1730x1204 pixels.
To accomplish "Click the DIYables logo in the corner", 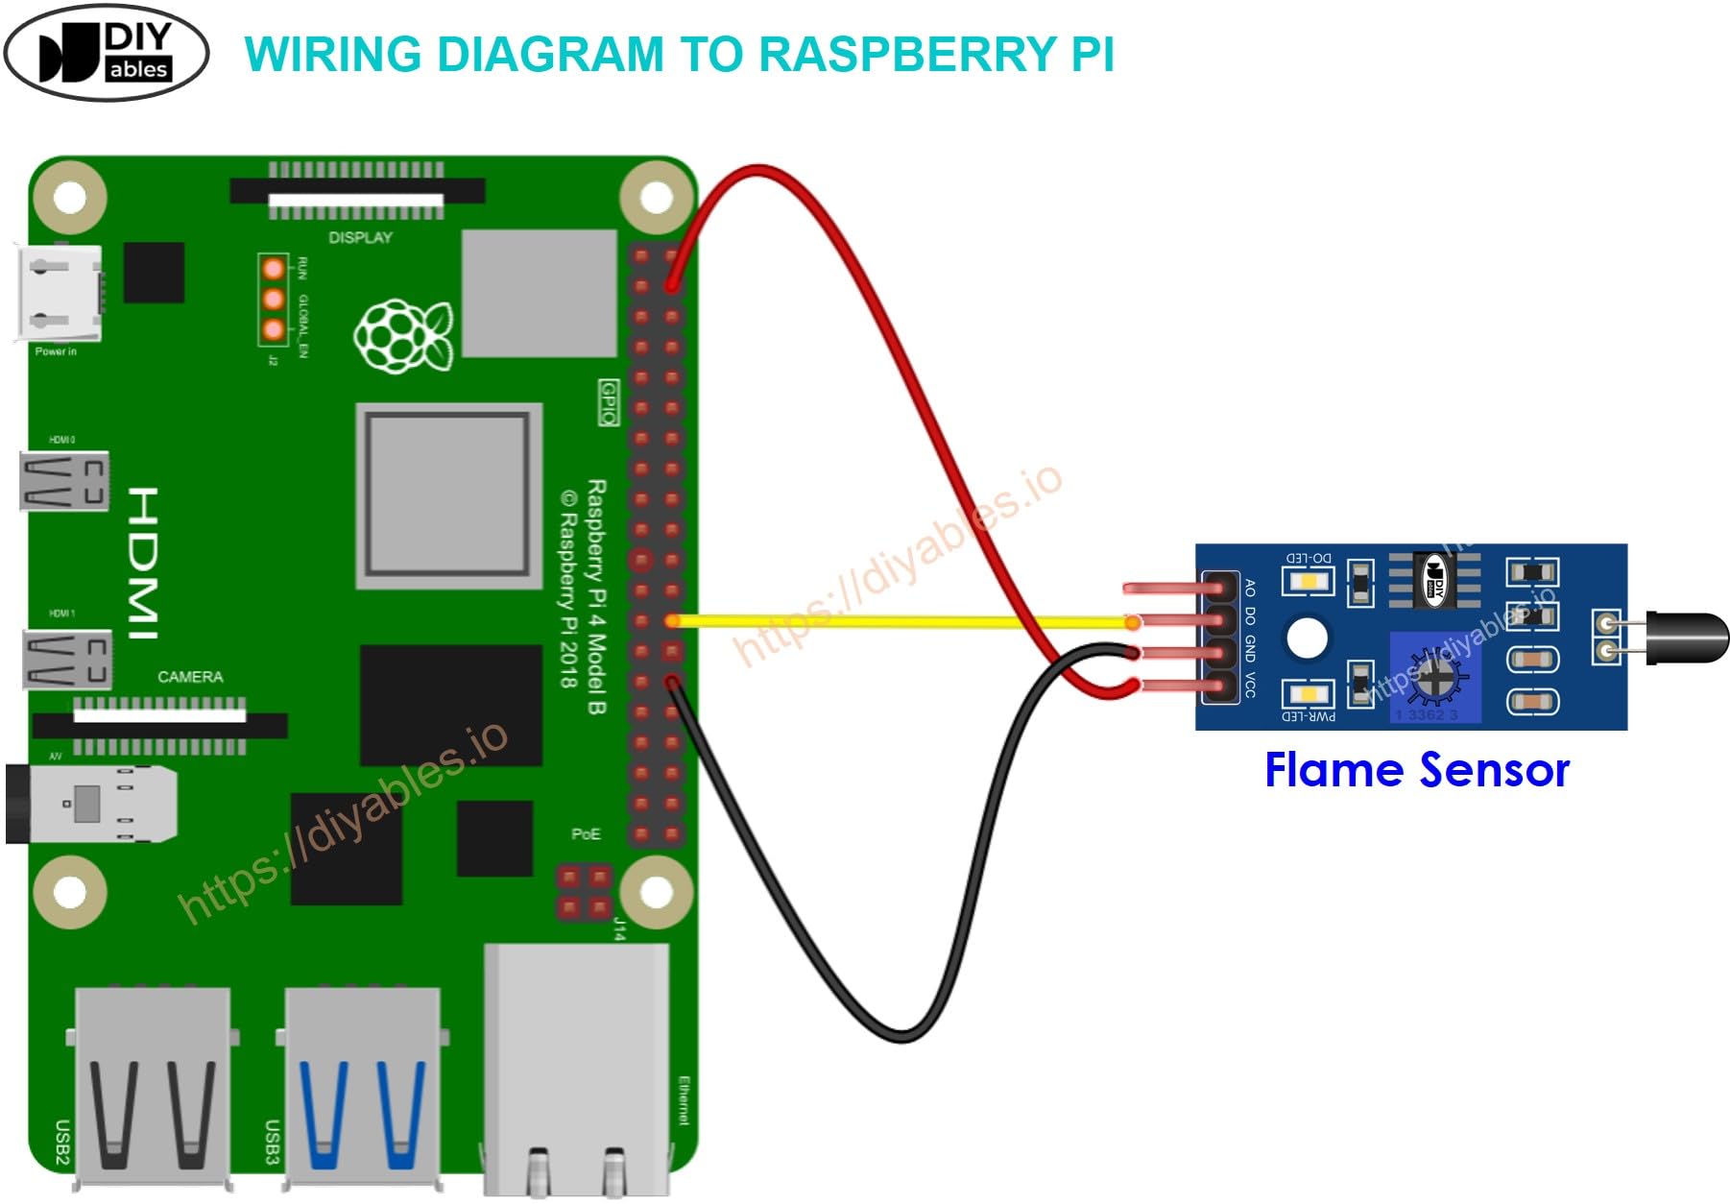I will tap(106, 52).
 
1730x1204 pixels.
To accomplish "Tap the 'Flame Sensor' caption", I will tap(1416, 770).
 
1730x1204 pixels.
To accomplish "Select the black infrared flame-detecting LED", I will tap(1685, 638).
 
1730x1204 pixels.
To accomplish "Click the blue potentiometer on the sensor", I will tap(1435, 677).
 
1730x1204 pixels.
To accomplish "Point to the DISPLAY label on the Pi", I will tap(360, 237).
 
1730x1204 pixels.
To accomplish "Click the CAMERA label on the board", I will tap(190, 677).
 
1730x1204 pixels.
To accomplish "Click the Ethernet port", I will tap(576, 1066).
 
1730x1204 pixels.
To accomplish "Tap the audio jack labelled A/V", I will tap(91, 804).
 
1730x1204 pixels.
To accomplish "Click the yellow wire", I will tap(902, 622).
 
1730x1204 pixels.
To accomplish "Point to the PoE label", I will tap(586, 833).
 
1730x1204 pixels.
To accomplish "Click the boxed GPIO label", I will tap(609, 402).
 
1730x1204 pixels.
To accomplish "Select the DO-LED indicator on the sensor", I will tap(1308, 581).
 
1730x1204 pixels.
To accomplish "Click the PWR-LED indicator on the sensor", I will tap(1308, 693).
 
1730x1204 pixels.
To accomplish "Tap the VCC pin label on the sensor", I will tap(1250, 685).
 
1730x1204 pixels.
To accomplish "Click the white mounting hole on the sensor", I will tap(1307, 638).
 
